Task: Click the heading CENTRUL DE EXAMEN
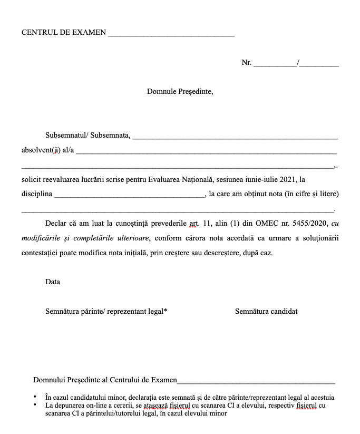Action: point(63,33)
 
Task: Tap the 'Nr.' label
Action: point(246,63)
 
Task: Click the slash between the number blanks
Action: point(298,63)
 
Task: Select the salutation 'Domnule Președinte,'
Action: point(180,91)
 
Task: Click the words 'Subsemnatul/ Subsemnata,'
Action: point(87,136)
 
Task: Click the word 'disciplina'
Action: point(37,194)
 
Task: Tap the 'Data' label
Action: point(53,282)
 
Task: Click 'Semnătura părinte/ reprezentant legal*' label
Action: point(106,311)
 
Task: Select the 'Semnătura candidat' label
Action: point(266,311)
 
